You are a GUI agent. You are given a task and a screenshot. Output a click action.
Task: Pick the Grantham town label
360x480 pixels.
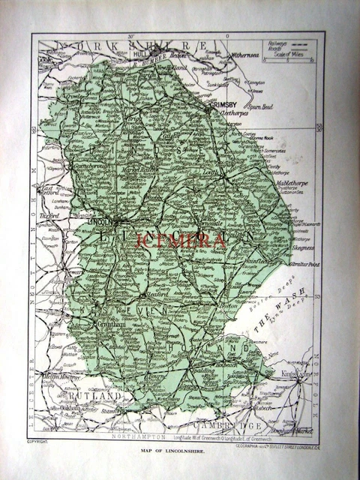(109, 325)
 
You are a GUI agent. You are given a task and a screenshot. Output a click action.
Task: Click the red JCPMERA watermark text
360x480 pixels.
(180, 241)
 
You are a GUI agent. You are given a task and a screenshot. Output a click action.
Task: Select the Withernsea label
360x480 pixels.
(249, 55)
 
